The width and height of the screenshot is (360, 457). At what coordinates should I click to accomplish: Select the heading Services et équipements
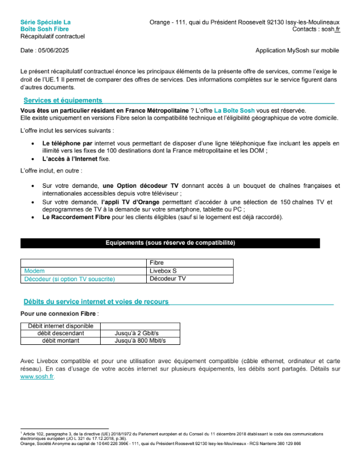63,100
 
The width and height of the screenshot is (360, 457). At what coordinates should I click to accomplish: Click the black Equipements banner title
171,243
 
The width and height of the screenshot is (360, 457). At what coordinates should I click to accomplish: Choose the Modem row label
34,271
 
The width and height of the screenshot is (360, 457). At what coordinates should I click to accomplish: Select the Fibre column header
157,263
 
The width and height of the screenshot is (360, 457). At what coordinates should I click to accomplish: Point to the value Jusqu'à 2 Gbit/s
136,333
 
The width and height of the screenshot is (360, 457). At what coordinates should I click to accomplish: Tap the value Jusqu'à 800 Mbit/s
140,340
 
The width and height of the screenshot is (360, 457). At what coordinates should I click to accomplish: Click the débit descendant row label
60,333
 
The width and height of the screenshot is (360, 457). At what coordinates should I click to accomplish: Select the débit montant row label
60,340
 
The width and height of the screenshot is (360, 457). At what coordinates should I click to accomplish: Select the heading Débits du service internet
96,302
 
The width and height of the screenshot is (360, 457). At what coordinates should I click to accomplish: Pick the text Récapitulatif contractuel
52,36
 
